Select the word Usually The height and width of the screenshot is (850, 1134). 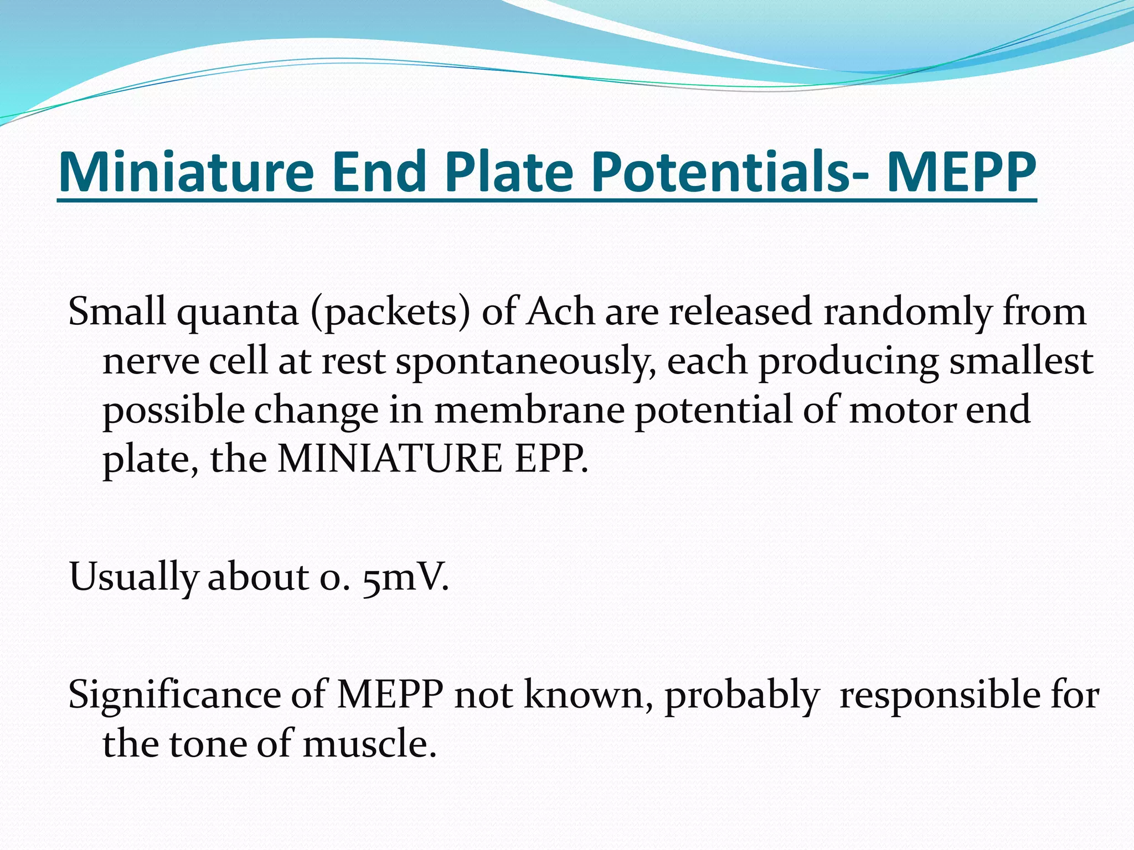[x=133, y=578]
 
